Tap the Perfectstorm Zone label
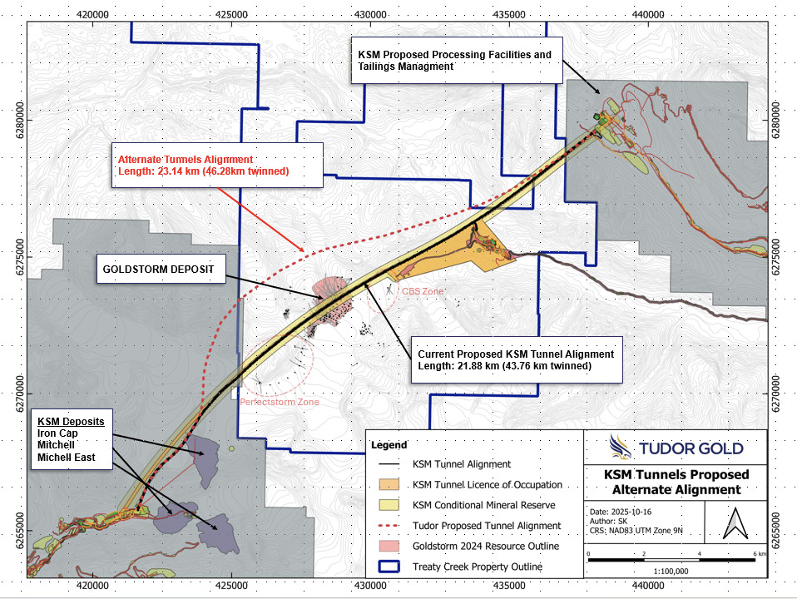pos(280,403)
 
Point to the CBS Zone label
pos(423,291)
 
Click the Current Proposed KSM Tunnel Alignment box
pos(516,360)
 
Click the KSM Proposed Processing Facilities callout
pos(454,60)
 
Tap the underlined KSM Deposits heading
pos(70,422)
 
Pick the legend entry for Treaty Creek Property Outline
pos(478,567)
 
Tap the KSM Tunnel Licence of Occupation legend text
pos(487,484)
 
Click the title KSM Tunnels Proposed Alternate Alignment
pos(676,483)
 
